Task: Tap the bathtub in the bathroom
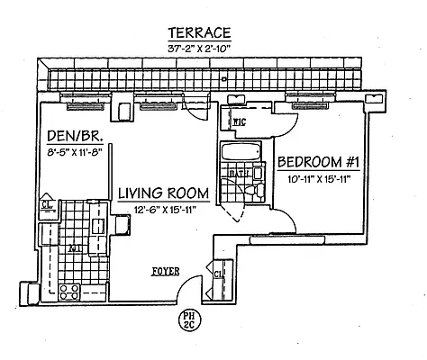pos(241,151)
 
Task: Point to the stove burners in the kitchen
pos(69,291)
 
